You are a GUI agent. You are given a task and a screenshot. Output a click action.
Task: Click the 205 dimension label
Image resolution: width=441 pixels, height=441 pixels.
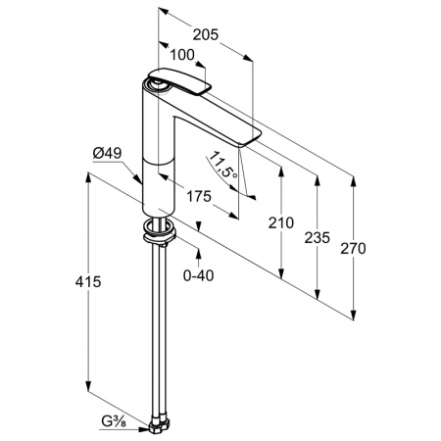point(205,34)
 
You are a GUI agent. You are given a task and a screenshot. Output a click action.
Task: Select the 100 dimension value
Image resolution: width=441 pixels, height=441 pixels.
point(182,55)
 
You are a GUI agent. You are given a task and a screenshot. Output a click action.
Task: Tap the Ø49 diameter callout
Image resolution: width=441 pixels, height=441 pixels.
point(107,153)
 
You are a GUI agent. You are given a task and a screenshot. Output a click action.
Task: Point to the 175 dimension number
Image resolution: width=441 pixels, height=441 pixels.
point(199,197)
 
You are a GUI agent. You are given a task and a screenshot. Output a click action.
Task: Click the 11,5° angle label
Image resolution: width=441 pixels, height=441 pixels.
point(223,166)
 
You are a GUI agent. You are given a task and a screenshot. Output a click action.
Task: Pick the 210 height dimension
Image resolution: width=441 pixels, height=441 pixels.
point(281,222)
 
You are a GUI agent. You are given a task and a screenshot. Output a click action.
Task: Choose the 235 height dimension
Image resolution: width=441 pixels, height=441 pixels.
point(317,237)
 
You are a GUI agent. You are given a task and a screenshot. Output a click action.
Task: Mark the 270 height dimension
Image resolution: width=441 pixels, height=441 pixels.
point(353,249)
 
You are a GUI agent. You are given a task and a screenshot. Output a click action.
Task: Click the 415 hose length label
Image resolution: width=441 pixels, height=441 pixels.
point(88,281)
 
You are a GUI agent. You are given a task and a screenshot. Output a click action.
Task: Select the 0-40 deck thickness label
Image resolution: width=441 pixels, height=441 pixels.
point(199,276)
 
